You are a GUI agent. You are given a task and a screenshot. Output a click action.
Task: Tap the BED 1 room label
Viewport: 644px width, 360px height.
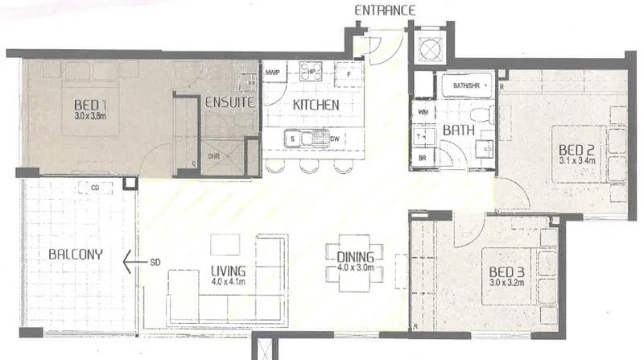tap(90, 105)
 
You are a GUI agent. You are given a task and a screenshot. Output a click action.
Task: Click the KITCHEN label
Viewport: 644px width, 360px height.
tap(316, 106)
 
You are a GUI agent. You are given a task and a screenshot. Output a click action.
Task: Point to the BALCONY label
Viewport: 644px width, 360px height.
tap(75, 254)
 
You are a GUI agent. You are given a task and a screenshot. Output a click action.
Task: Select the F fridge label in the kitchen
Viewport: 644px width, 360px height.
tap(349, 73)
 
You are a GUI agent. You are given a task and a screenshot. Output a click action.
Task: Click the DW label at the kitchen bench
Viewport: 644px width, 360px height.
tap(336, 139)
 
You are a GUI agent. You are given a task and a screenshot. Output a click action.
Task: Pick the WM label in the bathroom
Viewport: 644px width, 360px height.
tap(423, 113)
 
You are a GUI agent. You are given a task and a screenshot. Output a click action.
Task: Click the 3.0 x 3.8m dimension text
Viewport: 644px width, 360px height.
tap(90, 116)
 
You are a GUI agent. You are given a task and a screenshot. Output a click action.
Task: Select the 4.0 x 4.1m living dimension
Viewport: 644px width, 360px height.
tap(228, 281)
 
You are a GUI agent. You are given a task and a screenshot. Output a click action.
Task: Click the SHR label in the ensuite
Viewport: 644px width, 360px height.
tap(213, 156)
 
